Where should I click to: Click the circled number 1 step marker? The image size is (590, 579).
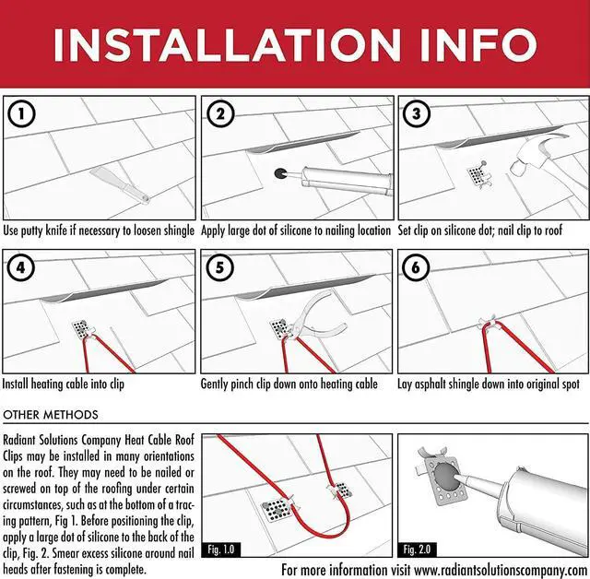coord(21,113)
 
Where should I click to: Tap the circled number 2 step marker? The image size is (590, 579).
coord(220,113)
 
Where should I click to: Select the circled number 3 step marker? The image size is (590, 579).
coord(417,113)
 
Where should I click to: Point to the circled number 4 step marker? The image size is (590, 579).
coord(20,267)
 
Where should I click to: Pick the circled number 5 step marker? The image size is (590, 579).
coord(219,267)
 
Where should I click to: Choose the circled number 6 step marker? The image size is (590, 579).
coord(416,267)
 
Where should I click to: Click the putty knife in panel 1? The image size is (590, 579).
coord(120,183)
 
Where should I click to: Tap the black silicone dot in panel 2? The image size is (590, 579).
coord(280,173)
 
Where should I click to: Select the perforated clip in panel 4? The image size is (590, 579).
coord(80,329)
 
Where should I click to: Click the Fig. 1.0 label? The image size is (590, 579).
coord(221,549)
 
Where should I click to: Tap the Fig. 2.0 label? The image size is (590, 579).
coord(417,549)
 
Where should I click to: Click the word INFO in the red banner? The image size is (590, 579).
coord(478,45)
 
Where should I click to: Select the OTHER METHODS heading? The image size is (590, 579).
coord(51,415)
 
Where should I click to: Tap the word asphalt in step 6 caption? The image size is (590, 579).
coord(431,384)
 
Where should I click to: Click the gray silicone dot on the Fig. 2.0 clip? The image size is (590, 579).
coord(445,476)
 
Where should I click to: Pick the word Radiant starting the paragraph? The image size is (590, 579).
coord(19,440)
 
